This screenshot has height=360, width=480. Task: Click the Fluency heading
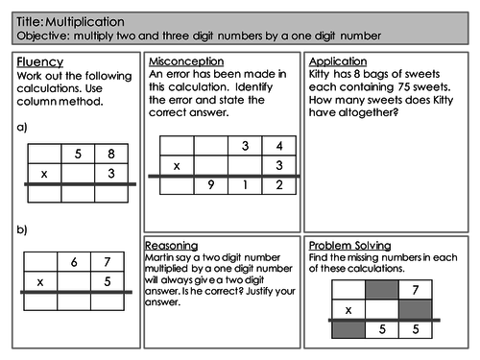click(x=39, y=62)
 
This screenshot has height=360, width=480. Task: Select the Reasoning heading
click(x=175, y=246)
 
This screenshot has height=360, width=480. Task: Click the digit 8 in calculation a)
click(x=111, y=153)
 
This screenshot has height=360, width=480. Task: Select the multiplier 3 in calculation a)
click(x=111, y=173)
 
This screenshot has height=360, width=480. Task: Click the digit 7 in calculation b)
click(x=108, y=262)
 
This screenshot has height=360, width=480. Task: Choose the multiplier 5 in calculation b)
click(x=108, y=282)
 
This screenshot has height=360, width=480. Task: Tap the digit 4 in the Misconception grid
click(x=279, y=146)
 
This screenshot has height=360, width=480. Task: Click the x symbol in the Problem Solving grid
click(x=347, y=309)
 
